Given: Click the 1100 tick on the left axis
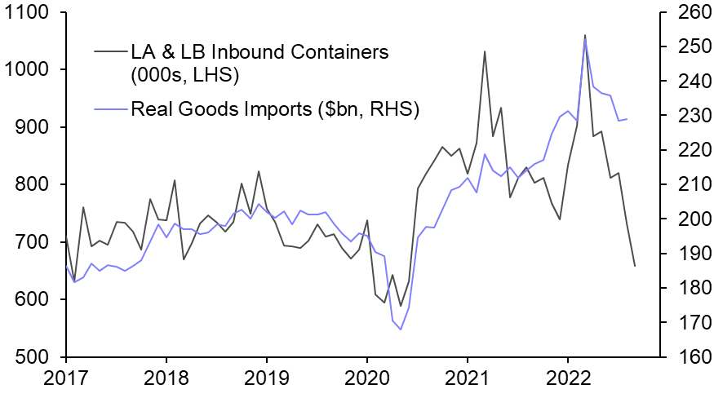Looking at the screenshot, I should [x=29, y=14].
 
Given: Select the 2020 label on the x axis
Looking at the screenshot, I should [x=367, y=378].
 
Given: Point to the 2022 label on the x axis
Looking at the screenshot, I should [x=568, y=378].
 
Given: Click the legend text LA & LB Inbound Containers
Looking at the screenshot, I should [x=259, y=53].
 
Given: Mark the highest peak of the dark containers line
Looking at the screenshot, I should [x=584, y=35].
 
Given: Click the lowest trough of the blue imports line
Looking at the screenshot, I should [x=401, y=329].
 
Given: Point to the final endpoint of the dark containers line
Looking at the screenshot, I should [x=635, y=266].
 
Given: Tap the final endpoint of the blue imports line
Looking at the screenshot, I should [x=627, y=119].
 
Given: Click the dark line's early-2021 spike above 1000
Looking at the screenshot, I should [x=485, y=51].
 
